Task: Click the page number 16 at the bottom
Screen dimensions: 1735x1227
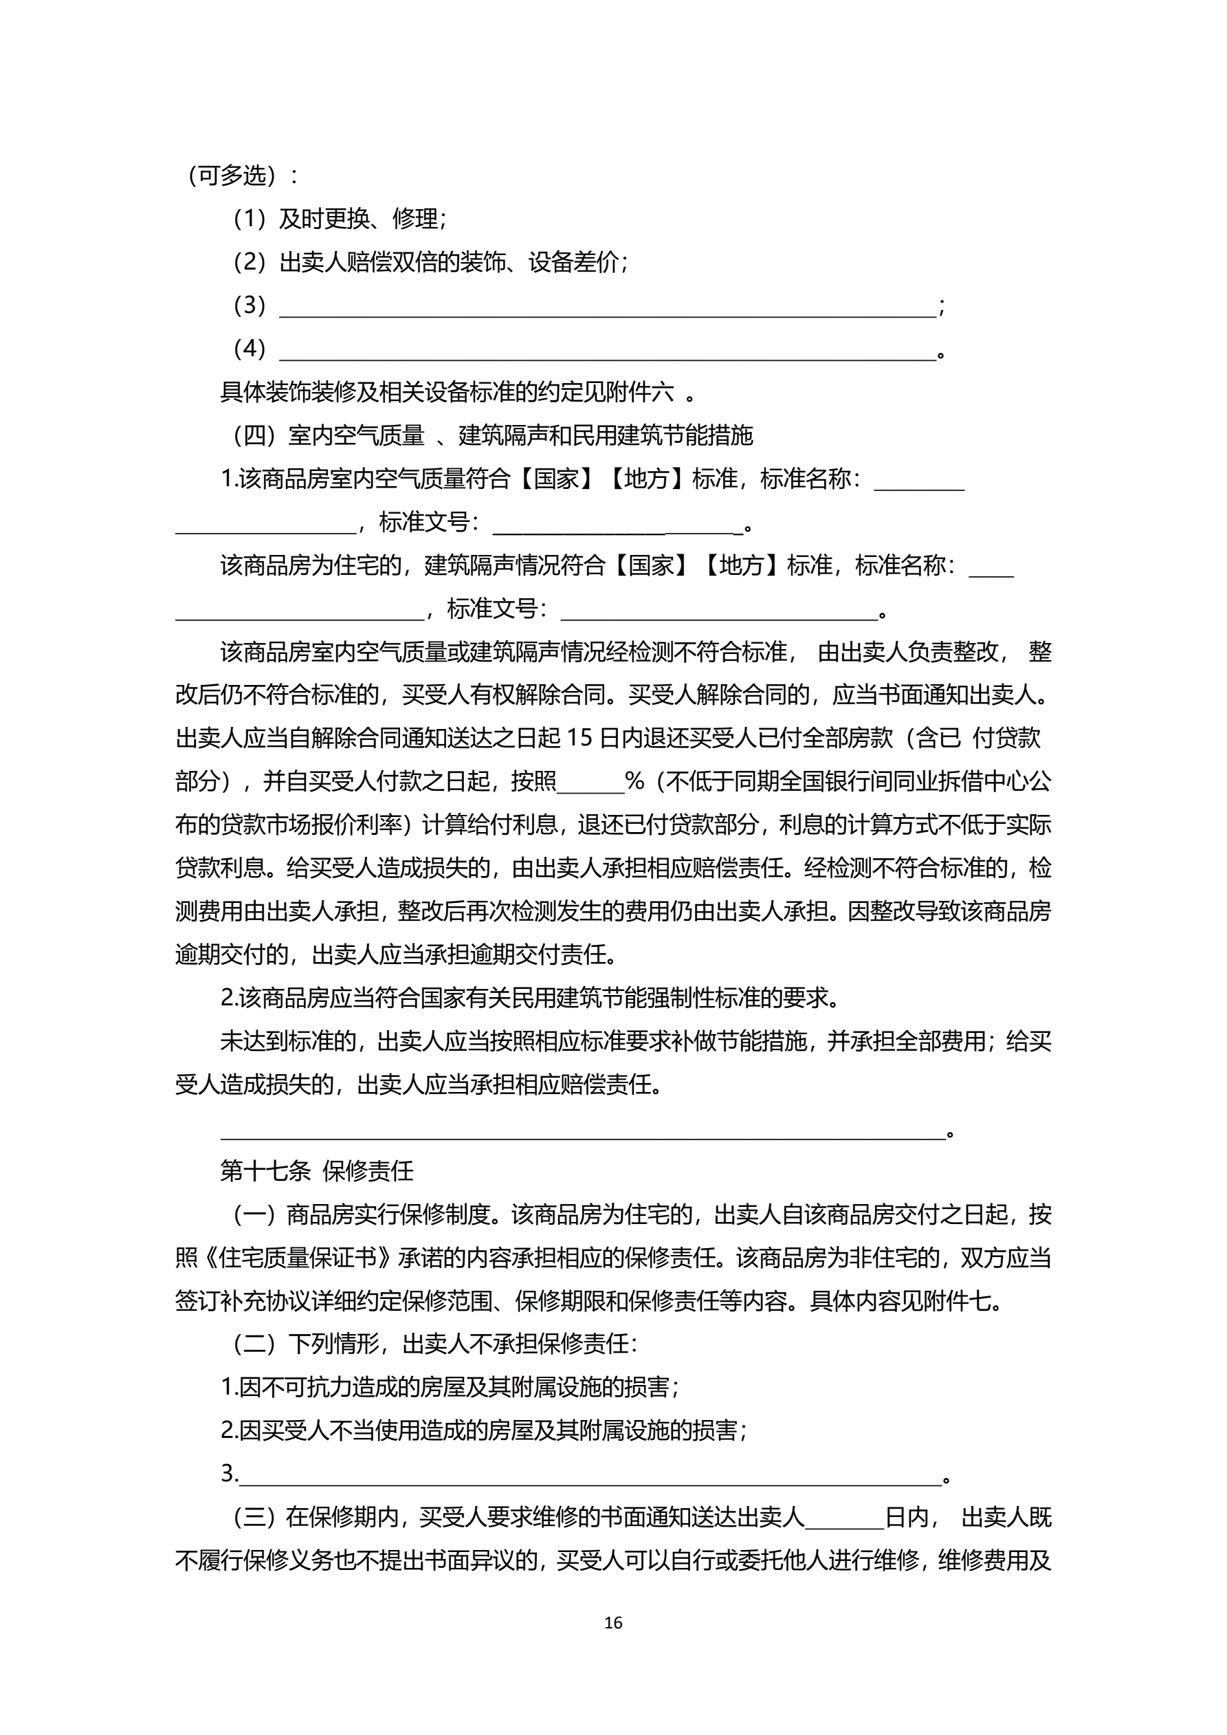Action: [x=612, y=1622]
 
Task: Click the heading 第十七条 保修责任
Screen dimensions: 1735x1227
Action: [x=317, y=1171]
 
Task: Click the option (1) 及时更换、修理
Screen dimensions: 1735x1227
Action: [x=340, y=219]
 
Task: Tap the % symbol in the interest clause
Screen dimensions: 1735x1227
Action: [x=635, y=781]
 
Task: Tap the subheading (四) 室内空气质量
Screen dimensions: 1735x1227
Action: [x=493, y=435]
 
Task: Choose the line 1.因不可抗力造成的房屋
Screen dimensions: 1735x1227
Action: [x=450, y=1388]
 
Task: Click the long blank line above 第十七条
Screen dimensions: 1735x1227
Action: [x=582, y=1131]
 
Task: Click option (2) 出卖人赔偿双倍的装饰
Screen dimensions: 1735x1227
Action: [x=431, y=262]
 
